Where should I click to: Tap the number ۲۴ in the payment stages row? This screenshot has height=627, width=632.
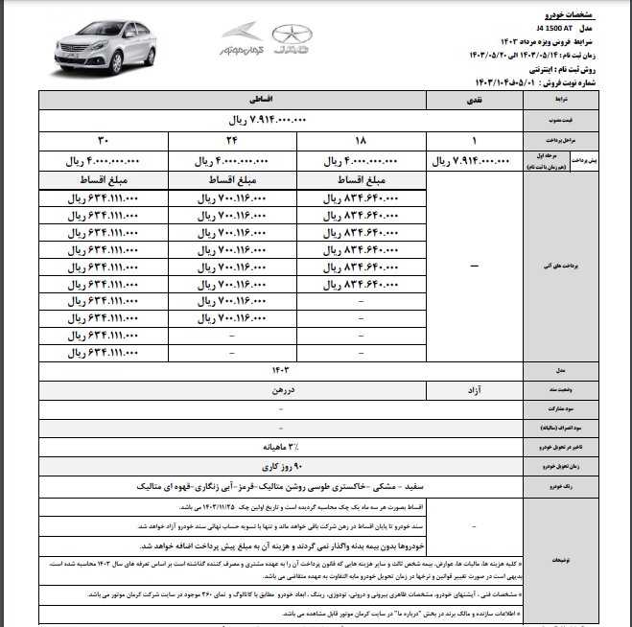[234, 139]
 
